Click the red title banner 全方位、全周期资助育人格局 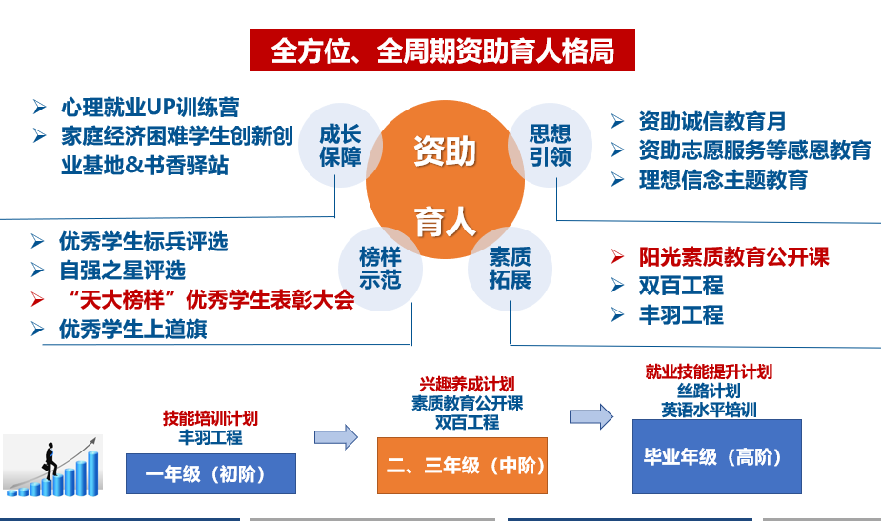coord(443,50)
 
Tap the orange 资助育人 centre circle coord(445,180)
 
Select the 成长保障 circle coord(340,145)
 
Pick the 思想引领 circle coord(551,145)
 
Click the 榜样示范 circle coord(380,269)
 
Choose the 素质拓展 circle coord(510,269)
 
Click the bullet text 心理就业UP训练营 coord(150,107)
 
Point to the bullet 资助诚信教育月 coord(711,121)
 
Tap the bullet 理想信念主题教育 coord(723,180)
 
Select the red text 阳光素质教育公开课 coord(733,257)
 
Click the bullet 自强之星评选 coord(123,271)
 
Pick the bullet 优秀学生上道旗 coord(133,330)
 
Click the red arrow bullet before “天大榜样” coord(37,300)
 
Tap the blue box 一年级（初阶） coord(210,473)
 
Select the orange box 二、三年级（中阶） coord(462,466)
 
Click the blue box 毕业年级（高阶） coord(717,456)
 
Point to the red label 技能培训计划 coord(210,418)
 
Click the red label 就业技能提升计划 coord(709,371)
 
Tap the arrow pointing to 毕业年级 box coord(591,416)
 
